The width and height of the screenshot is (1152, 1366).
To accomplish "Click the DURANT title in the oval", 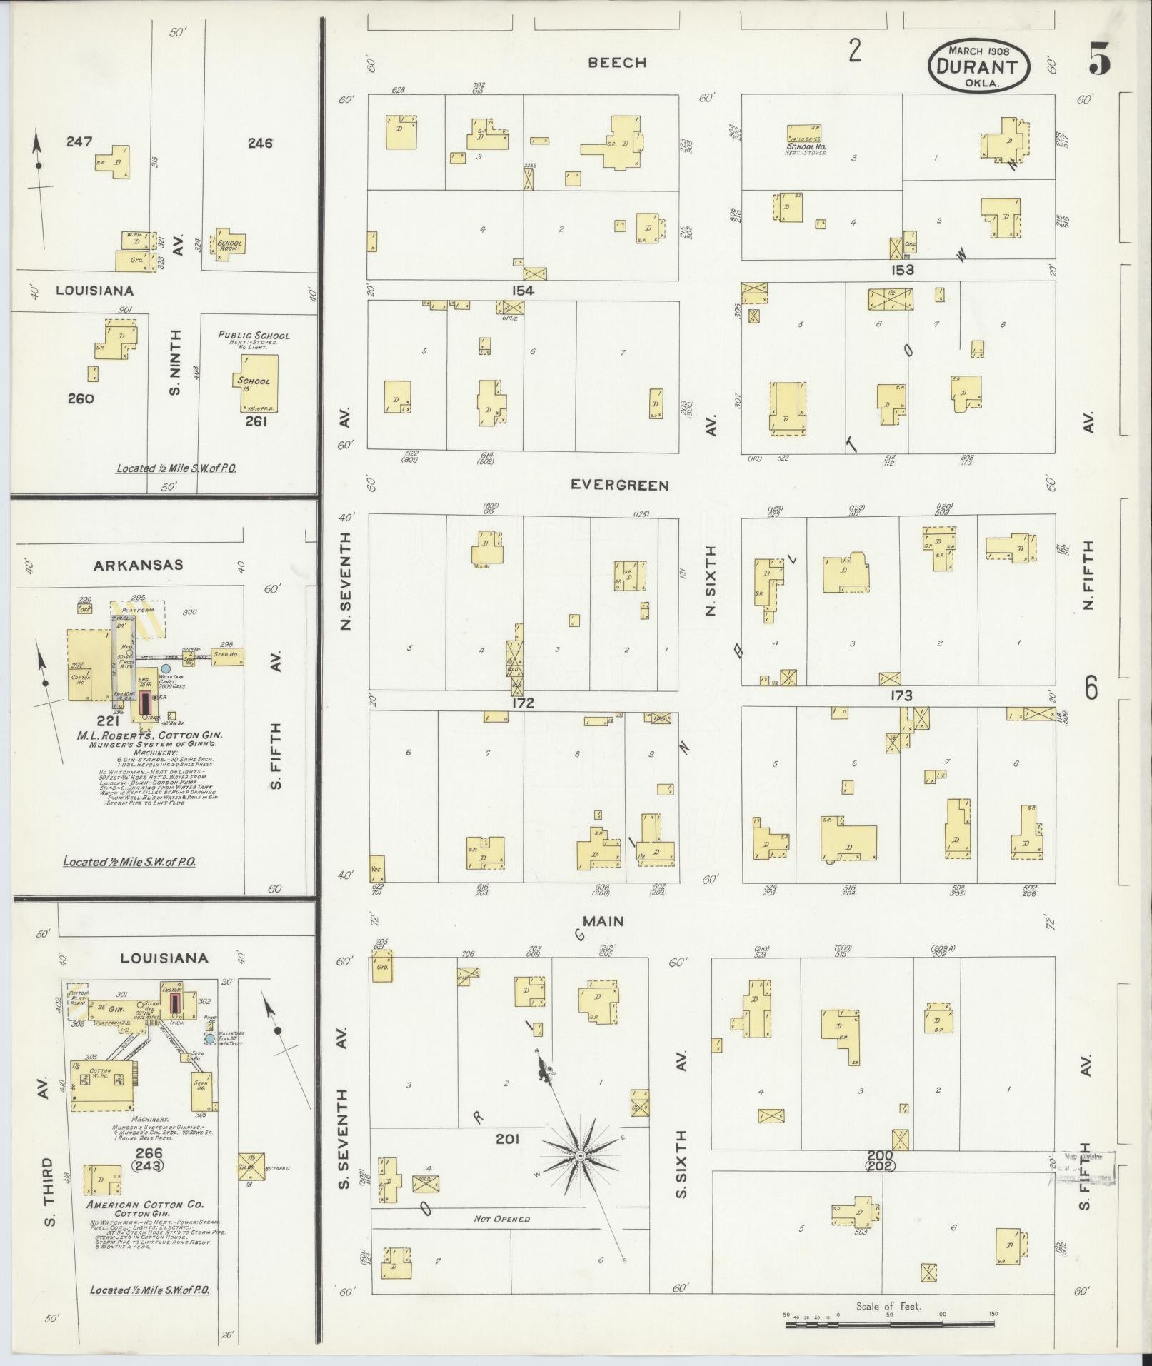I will coord(978,66).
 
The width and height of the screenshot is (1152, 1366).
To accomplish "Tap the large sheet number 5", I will coord(1099,59).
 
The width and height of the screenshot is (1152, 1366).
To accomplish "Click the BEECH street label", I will coord(617,63).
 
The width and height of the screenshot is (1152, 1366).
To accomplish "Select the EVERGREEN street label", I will coord(619,486).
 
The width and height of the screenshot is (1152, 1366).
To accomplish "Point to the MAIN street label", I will coord(604,921).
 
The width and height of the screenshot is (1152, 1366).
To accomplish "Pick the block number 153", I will coord(901,270).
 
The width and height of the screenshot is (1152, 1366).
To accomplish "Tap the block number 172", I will coord(523,703).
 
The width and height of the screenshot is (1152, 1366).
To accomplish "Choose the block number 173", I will coord(901,695).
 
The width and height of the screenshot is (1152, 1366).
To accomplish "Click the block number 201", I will coord(507,1138).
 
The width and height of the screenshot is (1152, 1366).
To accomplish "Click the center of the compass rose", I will coord(581,1155).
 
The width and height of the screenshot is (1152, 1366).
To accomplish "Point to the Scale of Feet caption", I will coord(888,1307).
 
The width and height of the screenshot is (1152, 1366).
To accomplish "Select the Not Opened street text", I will coord(501,1218).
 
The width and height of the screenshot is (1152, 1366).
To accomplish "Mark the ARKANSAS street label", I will coord(139,565).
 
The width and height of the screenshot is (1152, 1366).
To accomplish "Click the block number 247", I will coord(79,141).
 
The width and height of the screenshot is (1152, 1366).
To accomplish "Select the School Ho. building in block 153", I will coord(805,134).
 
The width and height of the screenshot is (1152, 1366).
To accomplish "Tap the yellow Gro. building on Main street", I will coord(382,965).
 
